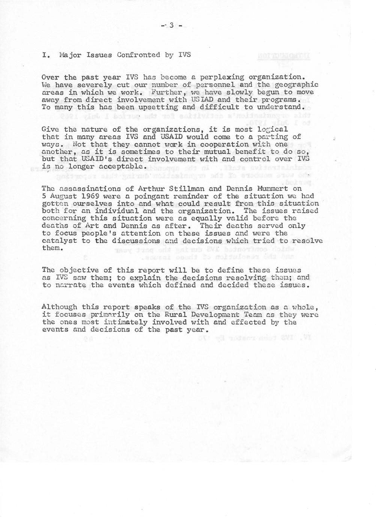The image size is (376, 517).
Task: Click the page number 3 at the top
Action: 171,25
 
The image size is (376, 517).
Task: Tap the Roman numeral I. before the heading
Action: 46,55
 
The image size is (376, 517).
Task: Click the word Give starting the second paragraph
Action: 51,130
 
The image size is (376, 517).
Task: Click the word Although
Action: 59,307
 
